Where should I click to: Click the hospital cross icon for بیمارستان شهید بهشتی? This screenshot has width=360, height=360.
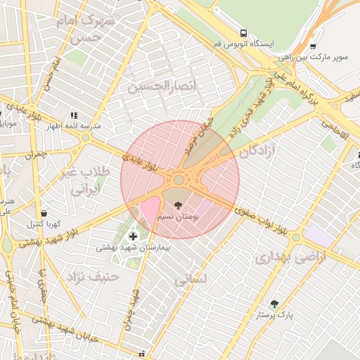(x=134, y=236)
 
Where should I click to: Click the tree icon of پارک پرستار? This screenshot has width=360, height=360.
(x=274, y=304)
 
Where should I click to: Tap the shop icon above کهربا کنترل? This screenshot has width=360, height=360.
(x=44, y=213)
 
